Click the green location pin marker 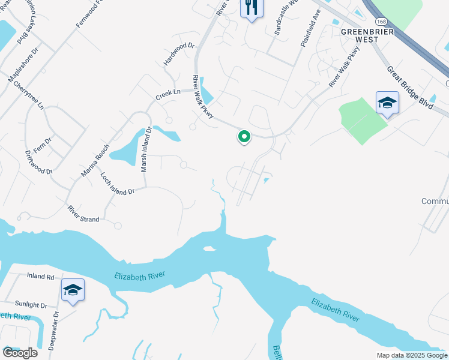pyautogui.click(x=244, y=137)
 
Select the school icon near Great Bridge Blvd pyautogui.click(x=387, y=103)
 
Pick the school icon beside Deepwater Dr pyautogui.click(x=73, y=290)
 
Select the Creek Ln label pyautogui.click(x=168, y=93)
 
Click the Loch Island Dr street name pyautogui.click(x=118, y=184)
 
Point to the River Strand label pyautogui.click(x=83, y=214)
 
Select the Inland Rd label pyautogui.click(x=40, y=277)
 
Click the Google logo pyautogui.click(x=19, y=352)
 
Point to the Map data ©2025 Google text pyautogui.click(x=411, y=355)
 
